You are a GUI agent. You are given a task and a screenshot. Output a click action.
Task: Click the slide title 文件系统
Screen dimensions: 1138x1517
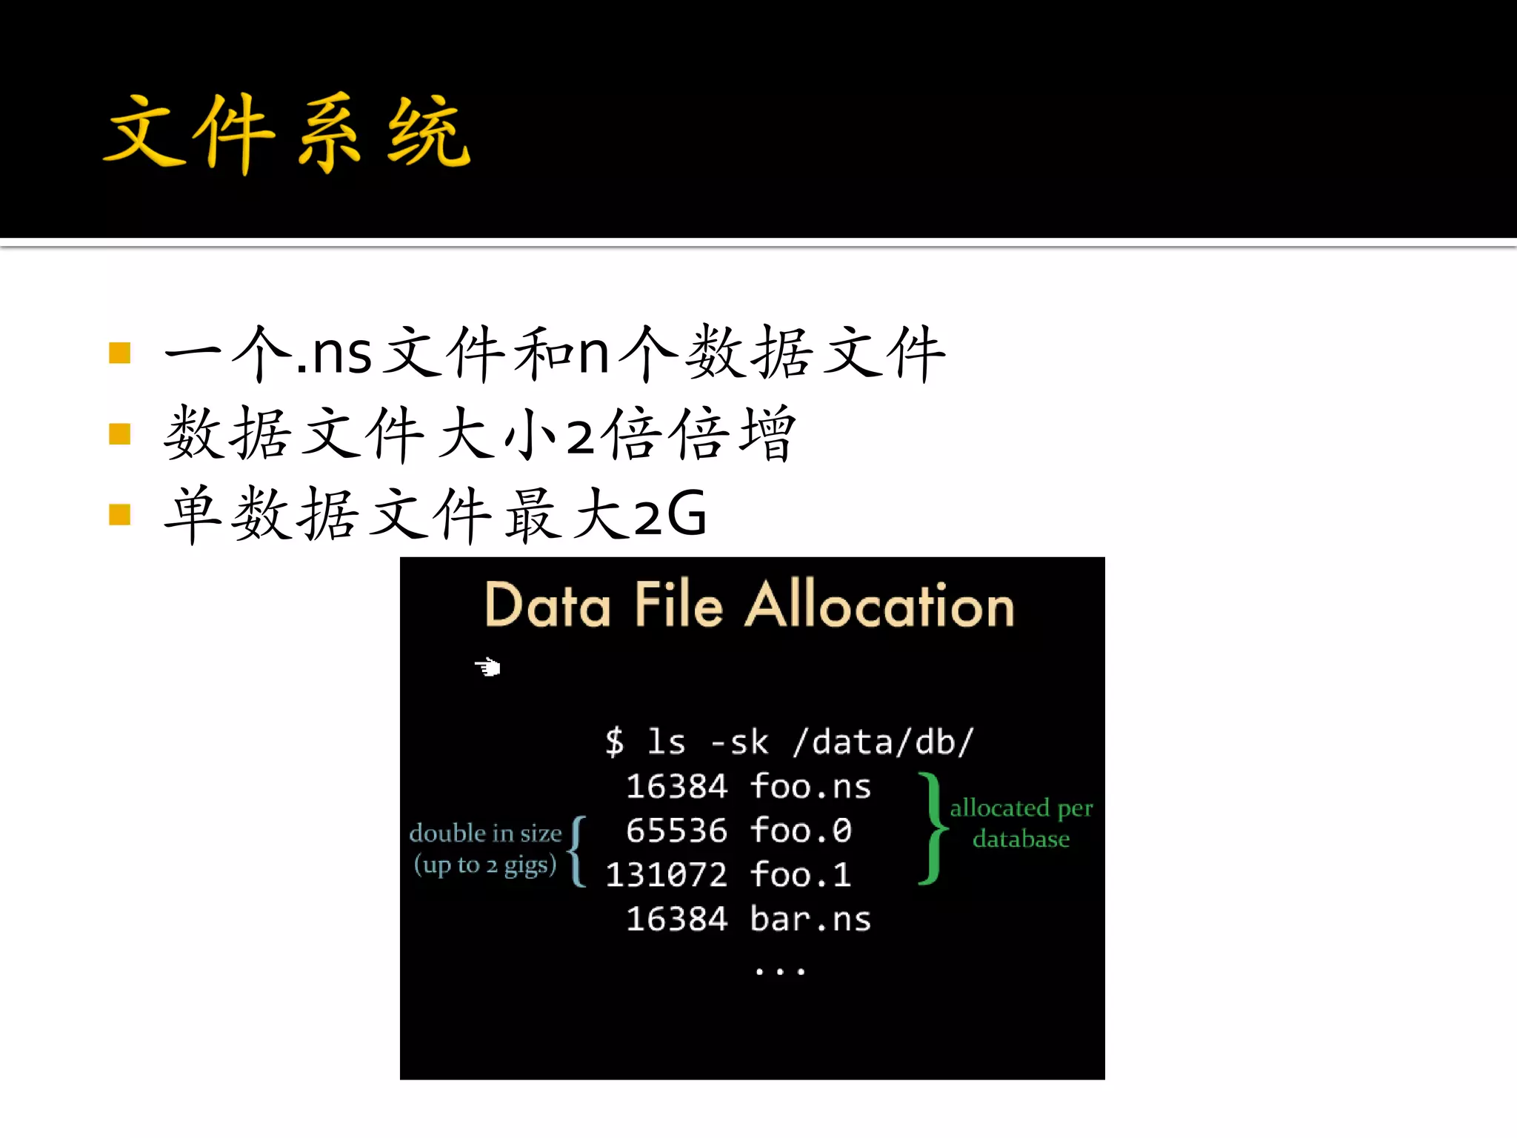[x=287, y=133]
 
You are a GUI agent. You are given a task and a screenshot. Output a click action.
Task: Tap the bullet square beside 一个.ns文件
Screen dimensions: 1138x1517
[x=119, y=353]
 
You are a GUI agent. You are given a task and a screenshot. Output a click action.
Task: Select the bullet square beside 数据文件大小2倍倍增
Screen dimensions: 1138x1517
[x=119, y=433]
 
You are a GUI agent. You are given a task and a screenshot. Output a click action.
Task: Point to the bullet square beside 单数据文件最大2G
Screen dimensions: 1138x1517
[x=119, y=514]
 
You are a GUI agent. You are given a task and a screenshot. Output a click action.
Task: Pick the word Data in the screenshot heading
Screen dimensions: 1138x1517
[x=548, y=606]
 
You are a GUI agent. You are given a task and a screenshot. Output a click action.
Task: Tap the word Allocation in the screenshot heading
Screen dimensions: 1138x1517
[x=880, y=606]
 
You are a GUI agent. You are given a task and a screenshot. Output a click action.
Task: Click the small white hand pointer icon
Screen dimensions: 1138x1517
[x=487, y=667]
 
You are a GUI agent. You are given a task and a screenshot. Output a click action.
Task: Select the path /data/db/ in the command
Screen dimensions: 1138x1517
[x=883, y=742]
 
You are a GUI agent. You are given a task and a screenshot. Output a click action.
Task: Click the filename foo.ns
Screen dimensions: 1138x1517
[x=810, y=786]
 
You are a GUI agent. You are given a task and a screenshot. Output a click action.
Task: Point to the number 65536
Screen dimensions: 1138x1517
[x=676, y=831]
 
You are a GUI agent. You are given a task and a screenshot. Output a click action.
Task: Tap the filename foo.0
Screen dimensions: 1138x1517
[x=801, y=831]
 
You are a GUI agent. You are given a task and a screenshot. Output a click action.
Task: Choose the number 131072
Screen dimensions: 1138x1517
[x=667, y=875]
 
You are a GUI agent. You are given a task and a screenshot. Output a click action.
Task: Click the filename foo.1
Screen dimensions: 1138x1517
[x=801, y=875]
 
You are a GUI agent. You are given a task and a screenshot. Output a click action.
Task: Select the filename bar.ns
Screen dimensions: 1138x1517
[x=810, y=919]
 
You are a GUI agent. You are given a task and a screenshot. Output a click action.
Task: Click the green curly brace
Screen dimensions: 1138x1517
[x=932, y=828]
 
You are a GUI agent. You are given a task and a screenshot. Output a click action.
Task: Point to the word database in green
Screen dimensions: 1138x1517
[x=1021, y=839]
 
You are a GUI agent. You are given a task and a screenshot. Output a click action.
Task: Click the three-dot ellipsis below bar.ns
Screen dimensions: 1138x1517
[x=779, y=971]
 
